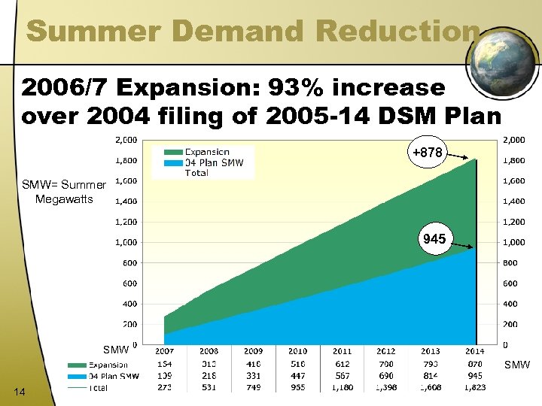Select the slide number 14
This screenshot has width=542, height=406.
coord(20,389)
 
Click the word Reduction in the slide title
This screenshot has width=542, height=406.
coord(399,31)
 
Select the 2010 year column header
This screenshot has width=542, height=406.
coord(297,352)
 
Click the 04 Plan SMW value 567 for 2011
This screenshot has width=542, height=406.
coord(342,376)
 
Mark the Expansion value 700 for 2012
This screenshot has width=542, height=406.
coord(386,364)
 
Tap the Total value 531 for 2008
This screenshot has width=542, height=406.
coord(209,387)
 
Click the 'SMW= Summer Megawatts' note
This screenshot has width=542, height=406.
coord(63,192)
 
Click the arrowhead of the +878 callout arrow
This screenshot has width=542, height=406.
coord(475,159)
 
